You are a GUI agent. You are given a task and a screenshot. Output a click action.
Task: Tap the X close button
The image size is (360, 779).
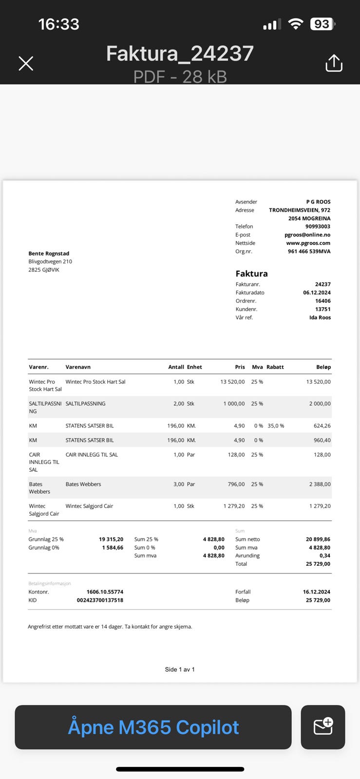pyautogui.click(x=26, y=63)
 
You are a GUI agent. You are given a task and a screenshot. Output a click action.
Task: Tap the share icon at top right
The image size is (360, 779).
pyautogui.click(x=334, y=63)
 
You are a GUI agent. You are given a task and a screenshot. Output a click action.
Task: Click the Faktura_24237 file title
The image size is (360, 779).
pyautogui.click(x=180, y=54)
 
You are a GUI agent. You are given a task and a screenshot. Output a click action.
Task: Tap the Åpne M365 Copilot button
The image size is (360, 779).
pyautogui.click(x=153, y=727)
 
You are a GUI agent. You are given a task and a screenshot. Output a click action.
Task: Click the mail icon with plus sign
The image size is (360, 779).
pyautogui.click(x=323, y=727)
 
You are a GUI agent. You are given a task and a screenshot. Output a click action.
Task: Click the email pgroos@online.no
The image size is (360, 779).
pyautogui.click(x=307, y=235)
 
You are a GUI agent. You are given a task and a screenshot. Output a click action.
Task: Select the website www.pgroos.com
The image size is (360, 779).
pyautogui.click(x=308, y=243)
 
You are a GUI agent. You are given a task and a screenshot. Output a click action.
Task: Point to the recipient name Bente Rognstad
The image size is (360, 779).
pyautogui.click(x=49, y=253)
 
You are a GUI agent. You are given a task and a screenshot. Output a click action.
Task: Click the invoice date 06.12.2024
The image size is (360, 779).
pyautogui.click(x=317, y=293)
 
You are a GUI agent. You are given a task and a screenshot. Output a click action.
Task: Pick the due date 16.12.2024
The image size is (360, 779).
pyautogui.click(x=316, y=592)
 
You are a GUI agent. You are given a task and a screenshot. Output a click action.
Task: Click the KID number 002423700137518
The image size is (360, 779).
pyautogui.click(x=100, y=600)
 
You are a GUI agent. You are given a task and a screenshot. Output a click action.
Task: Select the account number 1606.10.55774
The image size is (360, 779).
pyautogui.click(x=105, y=592)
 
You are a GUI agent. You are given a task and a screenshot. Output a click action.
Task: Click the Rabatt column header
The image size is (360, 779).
pyautogui.click(x=275, y=367)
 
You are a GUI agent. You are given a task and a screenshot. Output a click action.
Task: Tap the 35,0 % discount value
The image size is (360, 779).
pyautogui.click(x=276, y=426)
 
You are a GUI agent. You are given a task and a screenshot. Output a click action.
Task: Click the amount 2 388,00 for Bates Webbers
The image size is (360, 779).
pyautogui.click(x=320, y=484)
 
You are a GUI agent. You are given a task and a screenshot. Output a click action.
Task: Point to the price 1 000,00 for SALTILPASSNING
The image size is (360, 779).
pyautogui.click(x=234, y=404)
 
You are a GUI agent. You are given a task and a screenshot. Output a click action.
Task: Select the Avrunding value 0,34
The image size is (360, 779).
pyautogui.click(x=324, y=556)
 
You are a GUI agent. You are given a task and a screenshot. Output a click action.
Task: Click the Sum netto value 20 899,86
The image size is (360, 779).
pyautogui.click(x=318, y=539)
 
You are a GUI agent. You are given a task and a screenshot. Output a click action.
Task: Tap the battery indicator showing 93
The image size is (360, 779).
pyautogui.click(x=322, y=24)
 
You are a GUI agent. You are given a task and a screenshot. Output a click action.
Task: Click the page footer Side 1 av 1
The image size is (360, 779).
pyautogui.click(x=180, y=669)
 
